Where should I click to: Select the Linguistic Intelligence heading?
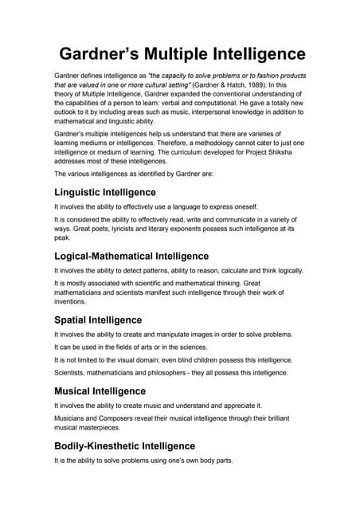coord(104,192)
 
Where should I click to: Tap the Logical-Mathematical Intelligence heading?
coord(131,256)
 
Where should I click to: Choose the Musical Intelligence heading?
coord(100,391)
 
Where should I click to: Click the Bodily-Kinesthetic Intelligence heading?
coord(124,446)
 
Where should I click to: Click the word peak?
coord(62,238)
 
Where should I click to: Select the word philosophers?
coord(176,372)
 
